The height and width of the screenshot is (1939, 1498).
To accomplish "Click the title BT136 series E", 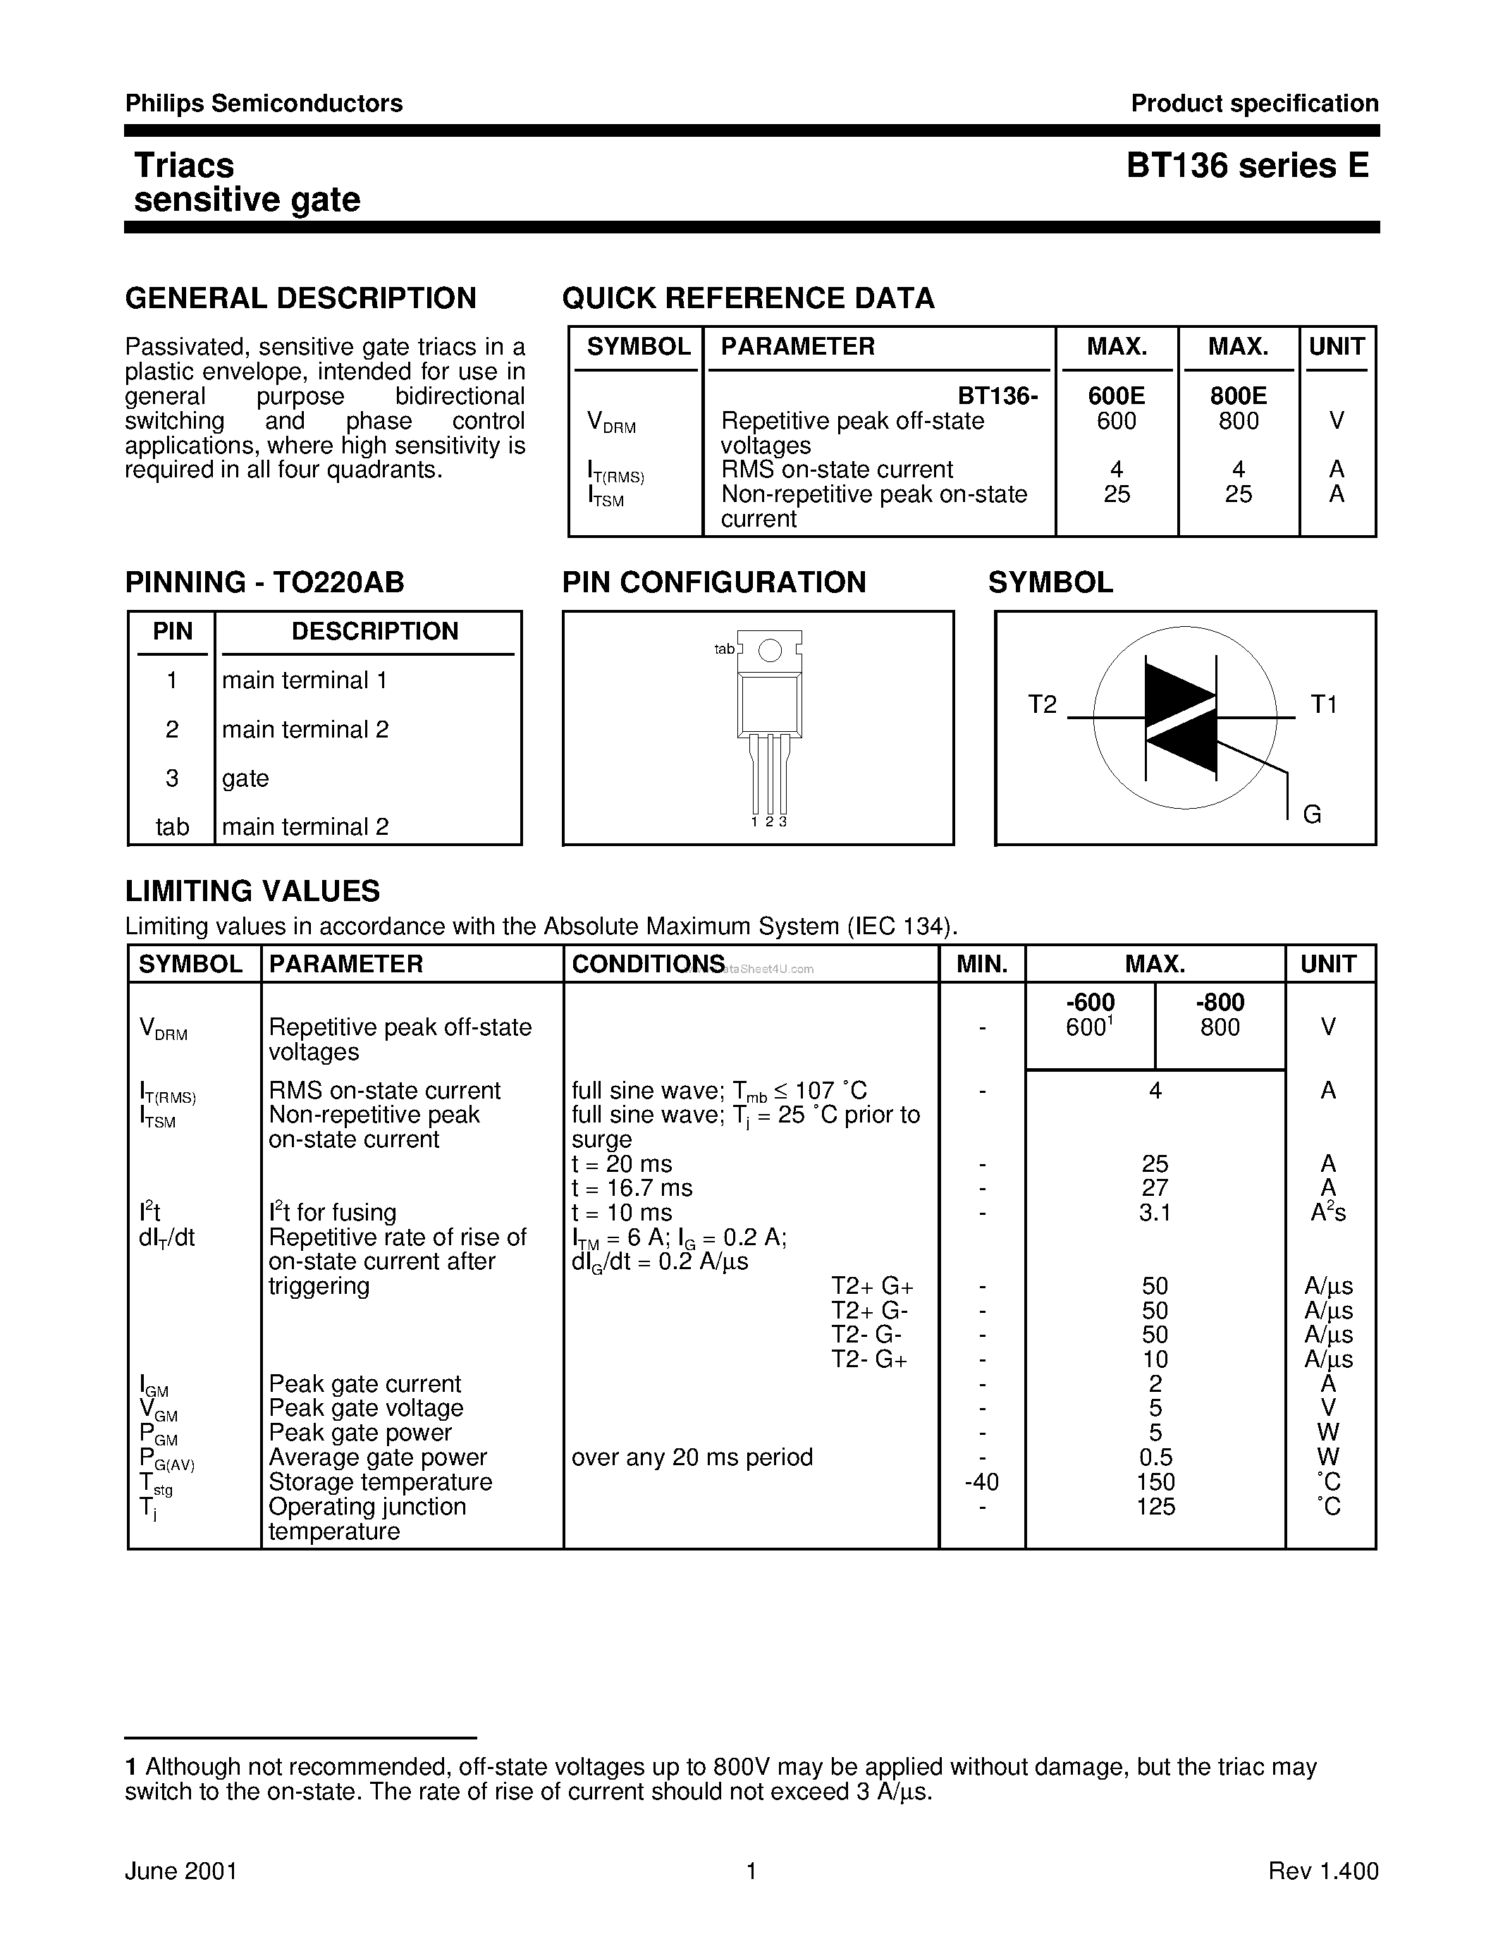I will coord(1248,166).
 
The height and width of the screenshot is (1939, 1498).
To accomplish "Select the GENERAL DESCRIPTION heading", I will coord(301,298).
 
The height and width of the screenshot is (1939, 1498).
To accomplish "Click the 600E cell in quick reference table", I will coord(1117,396).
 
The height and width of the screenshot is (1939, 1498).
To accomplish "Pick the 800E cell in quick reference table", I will coord(1238,396).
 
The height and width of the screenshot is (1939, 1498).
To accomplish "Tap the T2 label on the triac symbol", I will coord(1043,705).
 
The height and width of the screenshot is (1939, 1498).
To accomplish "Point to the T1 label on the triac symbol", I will coord(1323,705).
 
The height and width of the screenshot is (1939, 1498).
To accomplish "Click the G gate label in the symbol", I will coord(1312,814).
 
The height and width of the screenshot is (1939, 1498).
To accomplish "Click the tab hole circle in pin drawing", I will coord(771,651).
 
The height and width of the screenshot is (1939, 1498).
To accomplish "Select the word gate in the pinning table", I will coord(245,778).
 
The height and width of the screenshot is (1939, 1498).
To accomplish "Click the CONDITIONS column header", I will coord(648,964).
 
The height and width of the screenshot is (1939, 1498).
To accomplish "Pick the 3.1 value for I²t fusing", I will coord(1155,1213).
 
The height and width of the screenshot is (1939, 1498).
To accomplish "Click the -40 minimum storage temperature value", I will coord(981,1482).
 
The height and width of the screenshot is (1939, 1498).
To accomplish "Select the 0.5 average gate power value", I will coord(1155,1457).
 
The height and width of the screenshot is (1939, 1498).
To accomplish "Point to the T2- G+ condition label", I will coord(868,1359).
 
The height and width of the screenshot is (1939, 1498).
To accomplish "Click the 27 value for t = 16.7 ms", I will coord(1155,1188).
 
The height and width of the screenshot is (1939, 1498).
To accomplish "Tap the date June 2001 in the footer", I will coord(181,1871).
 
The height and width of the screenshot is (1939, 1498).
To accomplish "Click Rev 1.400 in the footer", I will coord(1322,1871).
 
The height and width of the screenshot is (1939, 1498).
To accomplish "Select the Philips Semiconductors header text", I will coord(264,104).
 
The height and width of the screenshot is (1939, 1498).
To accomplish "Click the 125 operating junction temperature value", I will coord(1155,1507).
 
